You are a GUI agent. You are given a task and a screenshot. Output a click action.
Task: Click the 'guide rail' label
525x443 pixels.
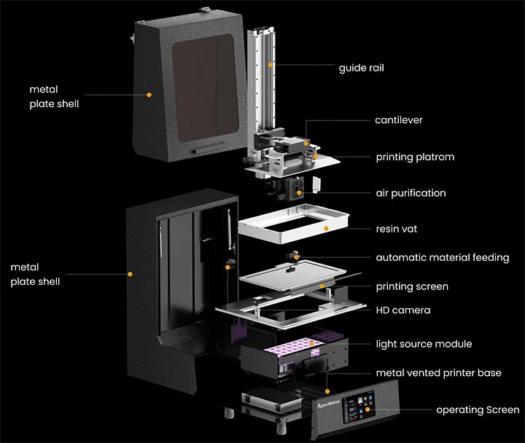click(x=361, y=68)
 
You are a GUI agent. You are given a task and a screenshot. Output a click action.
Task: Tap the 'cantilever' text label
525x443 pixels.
click(x=399, y=119)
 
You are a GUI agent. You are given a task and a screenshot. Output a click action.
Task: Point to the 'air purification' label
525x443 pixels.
click(x=411, y=193)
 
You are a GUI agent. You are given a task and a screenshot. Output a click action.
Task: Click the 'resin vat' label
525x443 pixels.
click(x=396, y=229)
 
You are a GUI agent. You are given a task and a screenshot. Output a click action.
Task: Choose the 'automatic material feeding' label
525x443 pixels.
click(x=442, y=257)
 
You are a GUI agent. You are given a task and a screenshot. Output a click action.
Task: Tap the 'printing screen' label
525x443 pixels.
click(x=412, y=286)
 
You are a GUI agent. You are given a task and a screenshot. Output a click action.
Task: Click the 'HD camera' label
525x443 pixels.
click(x=402, y=310)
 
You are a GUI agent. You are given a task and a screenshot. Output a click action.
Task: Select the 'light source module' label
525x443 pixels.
click(x=424, y=343)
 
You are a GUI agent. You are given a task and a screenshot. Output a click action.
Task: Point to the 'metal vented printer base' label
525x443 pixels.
click(x=438, y=373)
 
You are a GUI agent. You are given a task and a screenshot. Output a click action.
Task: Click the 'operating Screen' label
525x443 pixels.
click(x=478, y=410)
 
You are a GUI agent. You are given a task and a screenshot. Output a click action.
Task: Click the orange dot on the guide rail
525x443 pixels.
click(x=271, y=66)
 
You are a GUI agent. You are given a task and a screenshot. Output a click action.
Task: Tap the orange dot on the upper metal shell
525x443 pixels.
click(x=149, y=94)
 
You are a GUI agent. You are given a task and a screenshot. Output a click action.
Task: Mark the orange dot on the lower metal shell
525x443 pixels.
click(x=130, y=274)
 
